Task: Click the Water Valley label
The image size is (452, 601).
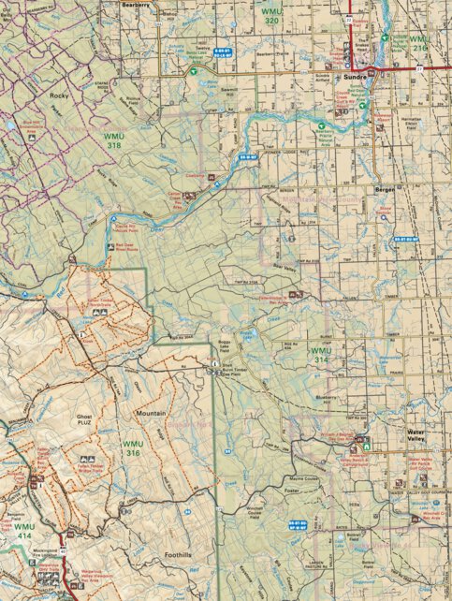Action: coord(423,432)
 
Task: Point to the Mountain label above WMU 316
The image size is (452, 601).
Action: coord(151,412)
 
